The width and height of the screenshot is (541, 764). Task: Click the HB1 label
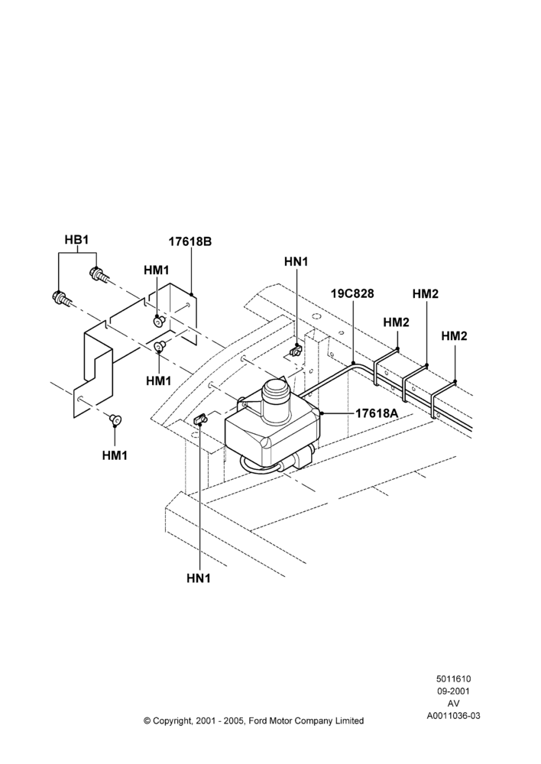(x=76, y=239)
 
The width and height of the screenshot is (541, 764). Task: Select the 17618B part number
(x=190, y=241)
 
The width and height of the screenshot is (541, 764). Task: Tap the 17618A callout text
(x=377, y=413)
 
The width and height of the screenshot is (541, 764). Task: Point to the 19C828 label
(x=352, y=294)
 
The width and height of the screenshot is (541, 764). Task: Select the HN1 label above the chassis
(x=296, y=261)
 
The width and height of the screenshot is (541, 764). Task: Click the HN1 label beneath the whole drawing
(x=199, y=578)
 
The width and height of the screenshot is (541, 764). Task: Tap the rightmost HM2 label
(x=454, y=335)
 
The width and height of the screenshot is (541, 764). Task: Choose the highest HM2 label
(x=426, y=294)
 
